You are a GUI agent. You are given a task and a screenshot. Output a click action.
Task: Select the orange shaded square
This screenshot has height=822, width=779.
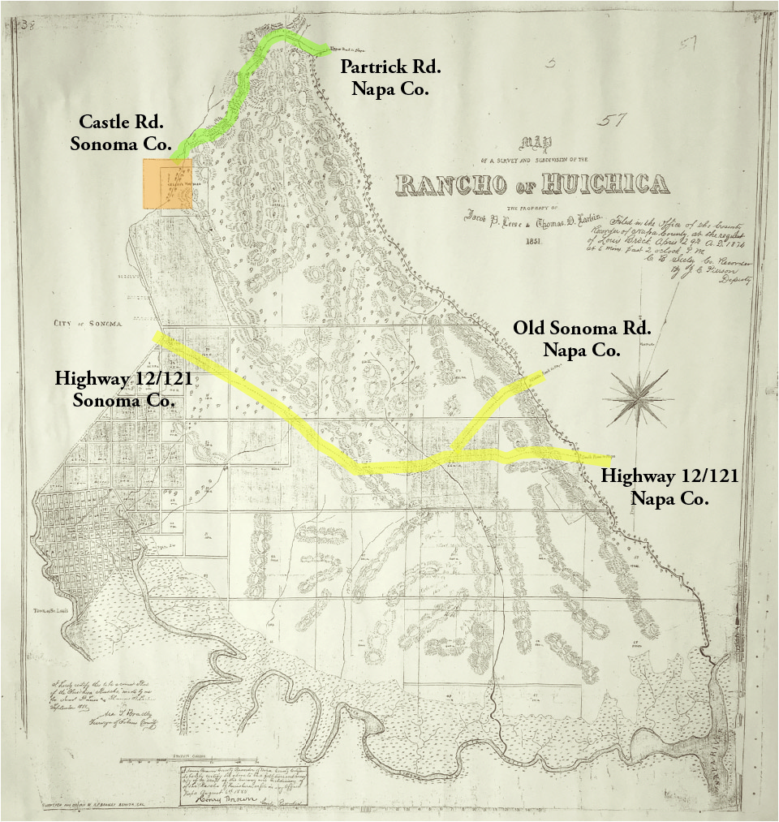coord(167,185)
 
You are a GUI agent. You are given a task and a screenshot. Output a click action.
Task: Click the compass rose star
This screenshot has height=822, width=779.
coord(638,398)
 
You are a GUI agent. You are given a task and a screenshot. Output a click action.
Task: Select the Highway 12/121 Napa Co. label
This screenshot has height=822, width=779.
coord(669,487)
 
